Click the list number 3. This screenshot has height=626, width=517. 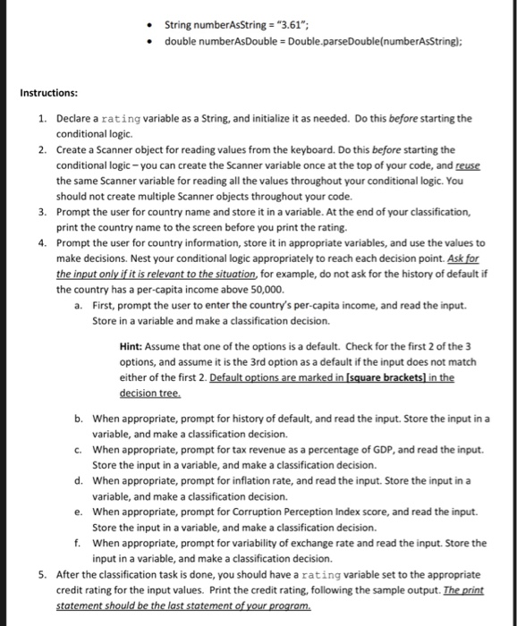tap(42, 212)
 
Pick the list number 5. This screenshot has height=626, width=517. tap(42, 573)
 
